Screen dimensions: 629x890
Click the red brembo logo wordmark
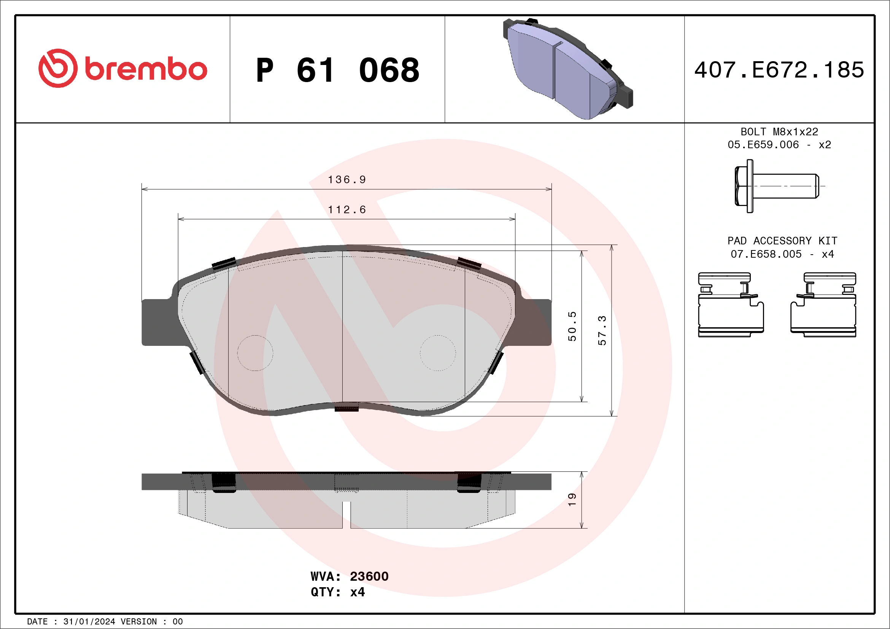click(123, 68)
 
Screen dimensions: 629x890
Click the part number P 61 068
click(338, 70)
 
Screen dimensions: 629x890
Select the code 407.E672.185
click(779, 70)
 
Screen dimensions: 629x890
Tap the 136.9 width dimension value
click(347, 179)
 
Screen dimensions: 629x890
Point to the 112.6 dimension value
click(347, 209)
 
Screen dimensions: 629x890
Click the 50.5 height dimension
click(572, 326)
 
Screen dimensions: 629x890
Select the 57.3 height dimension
click(602, 330)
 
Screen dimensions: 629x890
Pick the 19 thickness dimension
click(572, 500)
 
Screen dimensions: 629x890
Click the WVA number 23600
click(369, 576)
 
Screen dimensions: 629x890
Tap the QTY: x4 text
click(338, 592)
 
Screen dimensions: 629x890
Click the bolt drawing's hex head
click(744, 186)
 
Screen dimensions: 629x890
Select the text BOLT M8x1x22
click(779, 132)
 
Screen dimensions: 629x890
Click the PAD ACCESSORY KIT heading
click(782, 241)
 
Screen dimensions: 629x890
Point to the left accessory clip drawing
click(731, 305)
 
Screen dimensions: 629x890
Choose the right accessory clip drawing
click(823, 305)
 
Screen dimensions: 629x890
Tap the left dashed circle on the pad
click(255, 353)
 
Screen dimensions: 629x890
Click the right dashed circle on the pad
click(438, 353)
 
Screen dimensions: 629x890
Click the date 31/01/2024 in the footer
click(89, 622)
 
